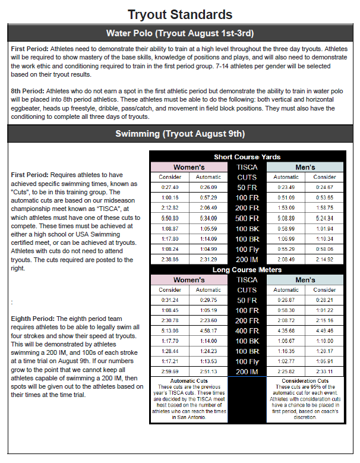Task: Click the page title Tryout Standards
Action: [x=180, y=14]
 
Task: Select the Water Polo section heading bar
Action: [x=180, y=33]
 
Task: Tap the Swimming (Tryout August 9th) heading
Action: [x=180, y=134]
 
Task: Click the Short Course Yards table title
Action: [x=247, y=157]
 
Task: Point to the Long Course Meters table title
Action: [x=247, y=270]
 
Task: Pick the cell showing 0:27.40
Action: [x=170, y=187]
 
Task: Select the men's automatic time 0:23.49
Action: [x=286, y=187]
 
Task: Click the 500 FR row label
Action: [x=247, y=219]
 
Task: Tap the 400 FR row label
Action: [x=247, y=330]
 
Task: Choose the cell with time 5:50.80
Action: [x=170, y=219]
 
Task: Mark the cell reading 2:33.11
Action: [x=324, y=371]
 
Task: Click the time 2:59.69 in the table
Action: [x=170, y=371]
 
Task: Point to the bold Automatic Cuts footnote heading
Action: [x=188, y=380]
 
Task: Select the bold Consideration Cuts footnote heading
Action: [x=305, y=380]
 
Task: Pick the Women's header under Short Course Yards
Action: [x=188, y=167]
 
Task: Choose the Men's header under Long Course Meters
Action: [x=305, y=279]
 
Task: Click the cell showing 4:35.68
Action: [x=286, y=330]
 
